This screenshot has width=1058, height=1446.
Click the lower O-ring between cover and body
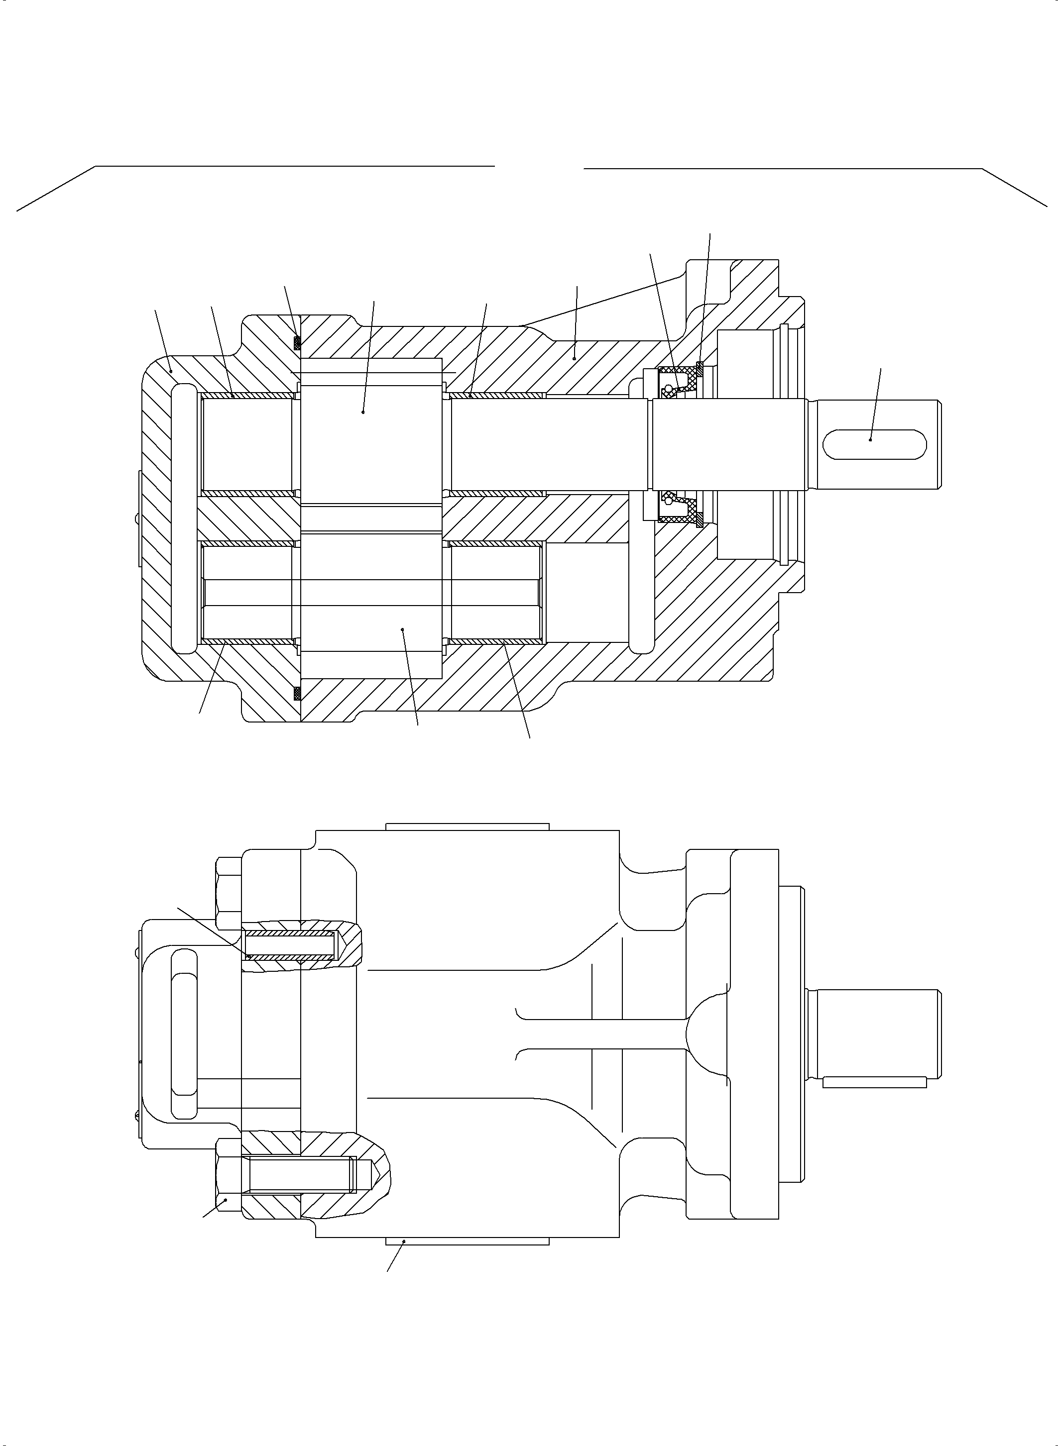pyautogui.click(x=297, y=693)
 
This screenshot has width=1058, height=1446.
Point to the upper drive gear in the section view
pyautogui.click(x=370, y=435)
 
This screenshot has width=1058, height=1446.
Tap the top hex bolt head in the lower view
pyautogui.click(x=229, y=894)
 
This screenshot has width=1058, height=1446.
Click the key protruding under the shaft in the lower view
pyautogui.click(x=874, y=1082)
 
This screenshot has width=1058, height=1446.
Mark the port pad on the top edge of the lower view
pyautogui.click(x=468, y=826)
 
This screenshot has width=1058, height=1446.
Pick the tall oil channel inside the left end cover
pyautogui.click(x=183, y=518)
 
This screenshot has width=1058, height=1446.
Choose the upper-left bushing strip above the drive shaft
pyautogui.click(x=247, y=395)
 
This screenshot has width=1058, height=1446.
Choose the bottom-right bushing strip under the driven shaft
pyautogui.click(x=496, y=641)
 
